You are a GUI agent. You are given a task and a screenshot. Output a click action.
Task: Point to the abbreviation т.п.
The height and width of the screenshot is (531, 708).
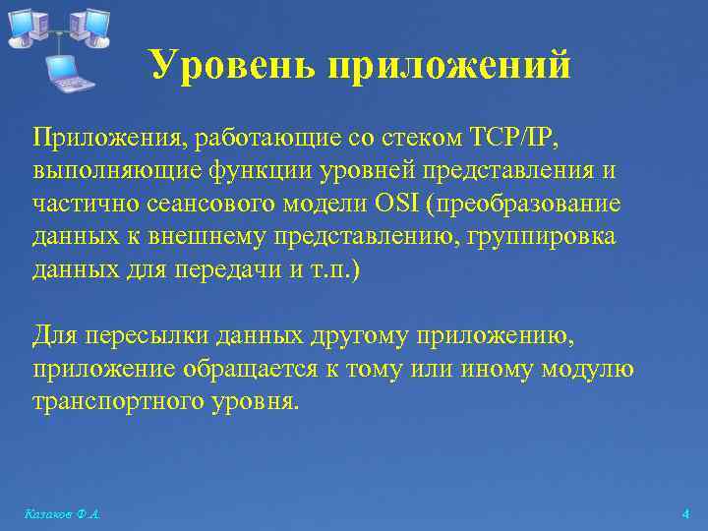[335, 270]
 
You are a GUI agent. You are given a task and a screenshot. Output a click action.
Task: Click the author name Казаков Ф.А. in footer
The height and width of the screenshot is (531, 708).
[65, 514]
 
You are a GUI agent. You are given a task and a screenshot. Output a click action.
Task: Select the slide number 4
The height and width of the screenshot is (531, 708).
[685, 514]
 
